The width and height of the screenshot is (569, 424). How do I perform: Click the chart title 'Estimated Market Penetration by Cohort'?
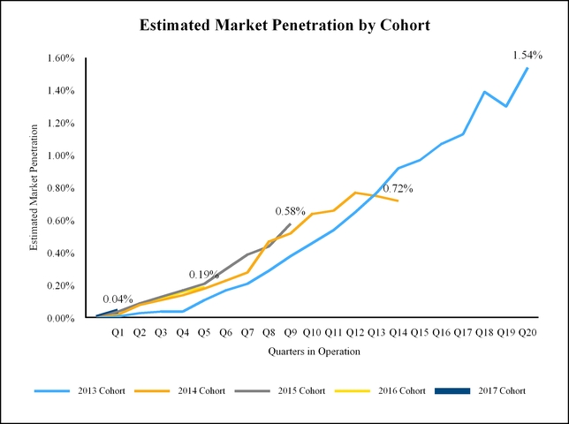click(284, 26)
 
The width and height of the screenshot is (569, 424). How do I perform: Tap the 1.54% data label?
click(527, 56)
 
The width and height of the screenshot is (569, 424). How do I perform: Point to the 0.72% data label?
click(398, 188)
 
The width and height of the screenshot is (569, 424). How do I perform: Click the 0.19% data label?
click(204, 274)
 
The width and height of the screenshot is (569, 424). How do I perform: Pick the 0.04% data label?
click(118, 299)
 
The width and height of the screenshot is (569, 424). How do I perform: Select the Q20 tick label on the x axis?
click(527, 332)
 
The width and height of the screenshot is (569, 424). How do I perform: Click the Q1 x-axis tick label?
click(118, 332)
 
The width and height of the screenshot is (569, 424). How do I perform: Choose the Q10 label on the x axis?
click(312, 332)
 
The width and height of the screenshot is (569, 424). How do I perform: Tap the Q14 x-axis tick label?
click(398, 332)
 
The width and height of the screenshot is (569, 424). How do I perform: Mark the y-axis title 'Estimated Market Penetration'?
click(34, 188)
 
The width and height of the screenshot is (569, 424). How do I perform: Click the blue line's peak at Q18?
click(484, 92)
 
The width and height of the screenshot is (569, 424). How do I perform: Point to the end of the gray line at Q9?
click(291, 224)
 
